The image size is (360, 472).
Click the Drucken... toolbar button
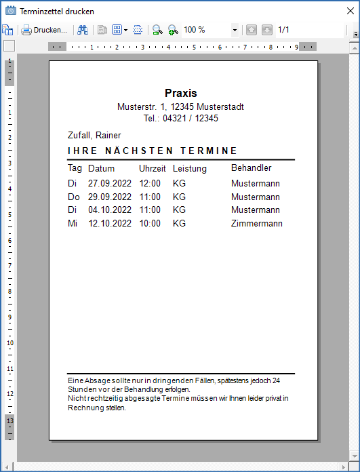pyautogui.click(x=45, y=30)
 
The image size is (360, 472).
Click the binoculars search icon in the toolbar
pyautogui.click(x=83, y=30)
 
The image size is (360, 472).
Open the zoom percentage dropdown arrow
pyautogui.click(x=235, y=30)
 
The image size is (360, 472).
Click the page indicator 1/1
pyautogui.click(x=283, y=30)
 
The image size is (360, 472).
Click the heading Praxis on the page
pyautogui.click(x=180, y=93)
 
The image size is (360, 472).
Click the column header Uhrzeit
pyautogui.click(x=153, y=168)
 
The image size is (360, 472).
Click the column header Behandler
pyautogui.click(x=251, y=168)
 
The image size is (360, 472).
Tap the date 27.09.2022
pyautogui.click(x=108, y=183)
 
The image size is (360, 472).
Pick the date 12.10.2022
pyautogui.click(x=108, y=223)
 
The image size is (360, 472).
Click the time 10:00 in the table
pyautogui.click(x=150, y=223)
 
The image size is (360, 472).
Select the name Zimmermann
pyautogui.click(x=256, y=223)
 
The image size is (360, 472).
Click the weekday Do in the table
pyautogui.click(x=74, y=197)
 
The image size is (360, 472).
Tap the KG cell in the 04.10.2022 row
pyautogui.click(x=179, y=210)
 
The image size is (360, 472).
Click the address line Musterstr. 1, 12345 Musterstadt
pyautogui.click(x=180, y=107)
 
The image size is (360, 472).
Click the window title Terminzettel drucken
pyautogui.click(x=57, y=12)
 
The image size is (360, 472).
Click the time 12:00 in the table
pyautogui.click(x=150, y=183)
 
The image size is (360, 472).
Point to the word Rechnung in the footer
pyautogui.click(x=83, y=408)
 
